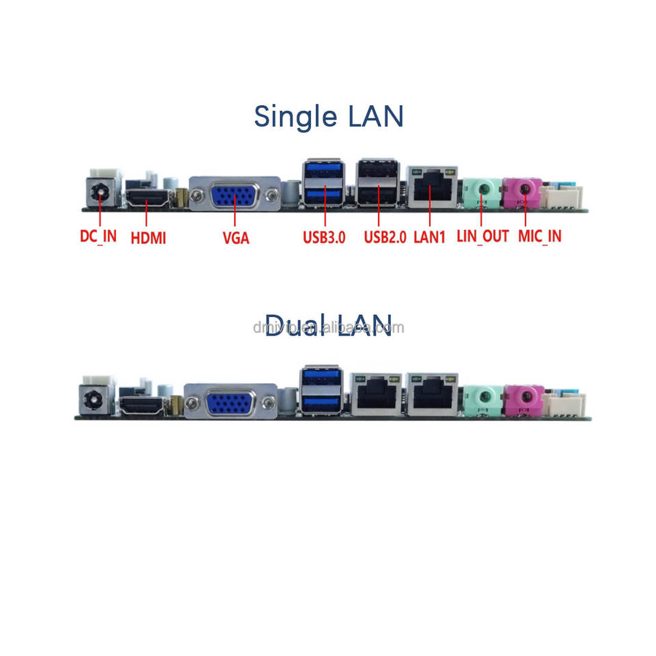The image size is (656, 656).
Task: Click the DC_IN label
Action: (x=98, y=236)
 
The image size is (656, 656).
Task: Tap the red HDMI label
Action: (x=148, y=237)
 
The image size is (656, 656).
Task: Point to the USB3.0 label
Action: (x=324, y=237)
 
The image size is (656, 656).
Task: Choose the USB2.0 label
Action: (x=385, y=237)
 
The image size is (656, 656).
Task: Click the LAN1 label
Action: (x=430, y=237)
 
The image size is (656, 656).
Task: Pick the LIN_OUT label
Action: (x=482, y=236)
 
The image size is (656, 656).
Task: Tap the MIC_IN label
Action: (x=539, y=236)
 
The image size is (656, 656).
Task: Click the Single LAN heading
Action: (x=329, y=116)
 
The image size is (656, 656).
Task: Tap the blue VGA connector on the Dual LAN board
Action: (x=231, y=403)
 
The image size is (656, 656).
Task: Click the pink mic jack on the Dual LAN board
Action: (x=524, y=398)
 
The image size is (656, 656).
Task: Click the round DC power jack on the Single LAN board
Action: (x=100, y=191)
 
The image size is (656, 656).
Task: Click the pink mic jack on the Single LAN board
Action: (x=523, y=191)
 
